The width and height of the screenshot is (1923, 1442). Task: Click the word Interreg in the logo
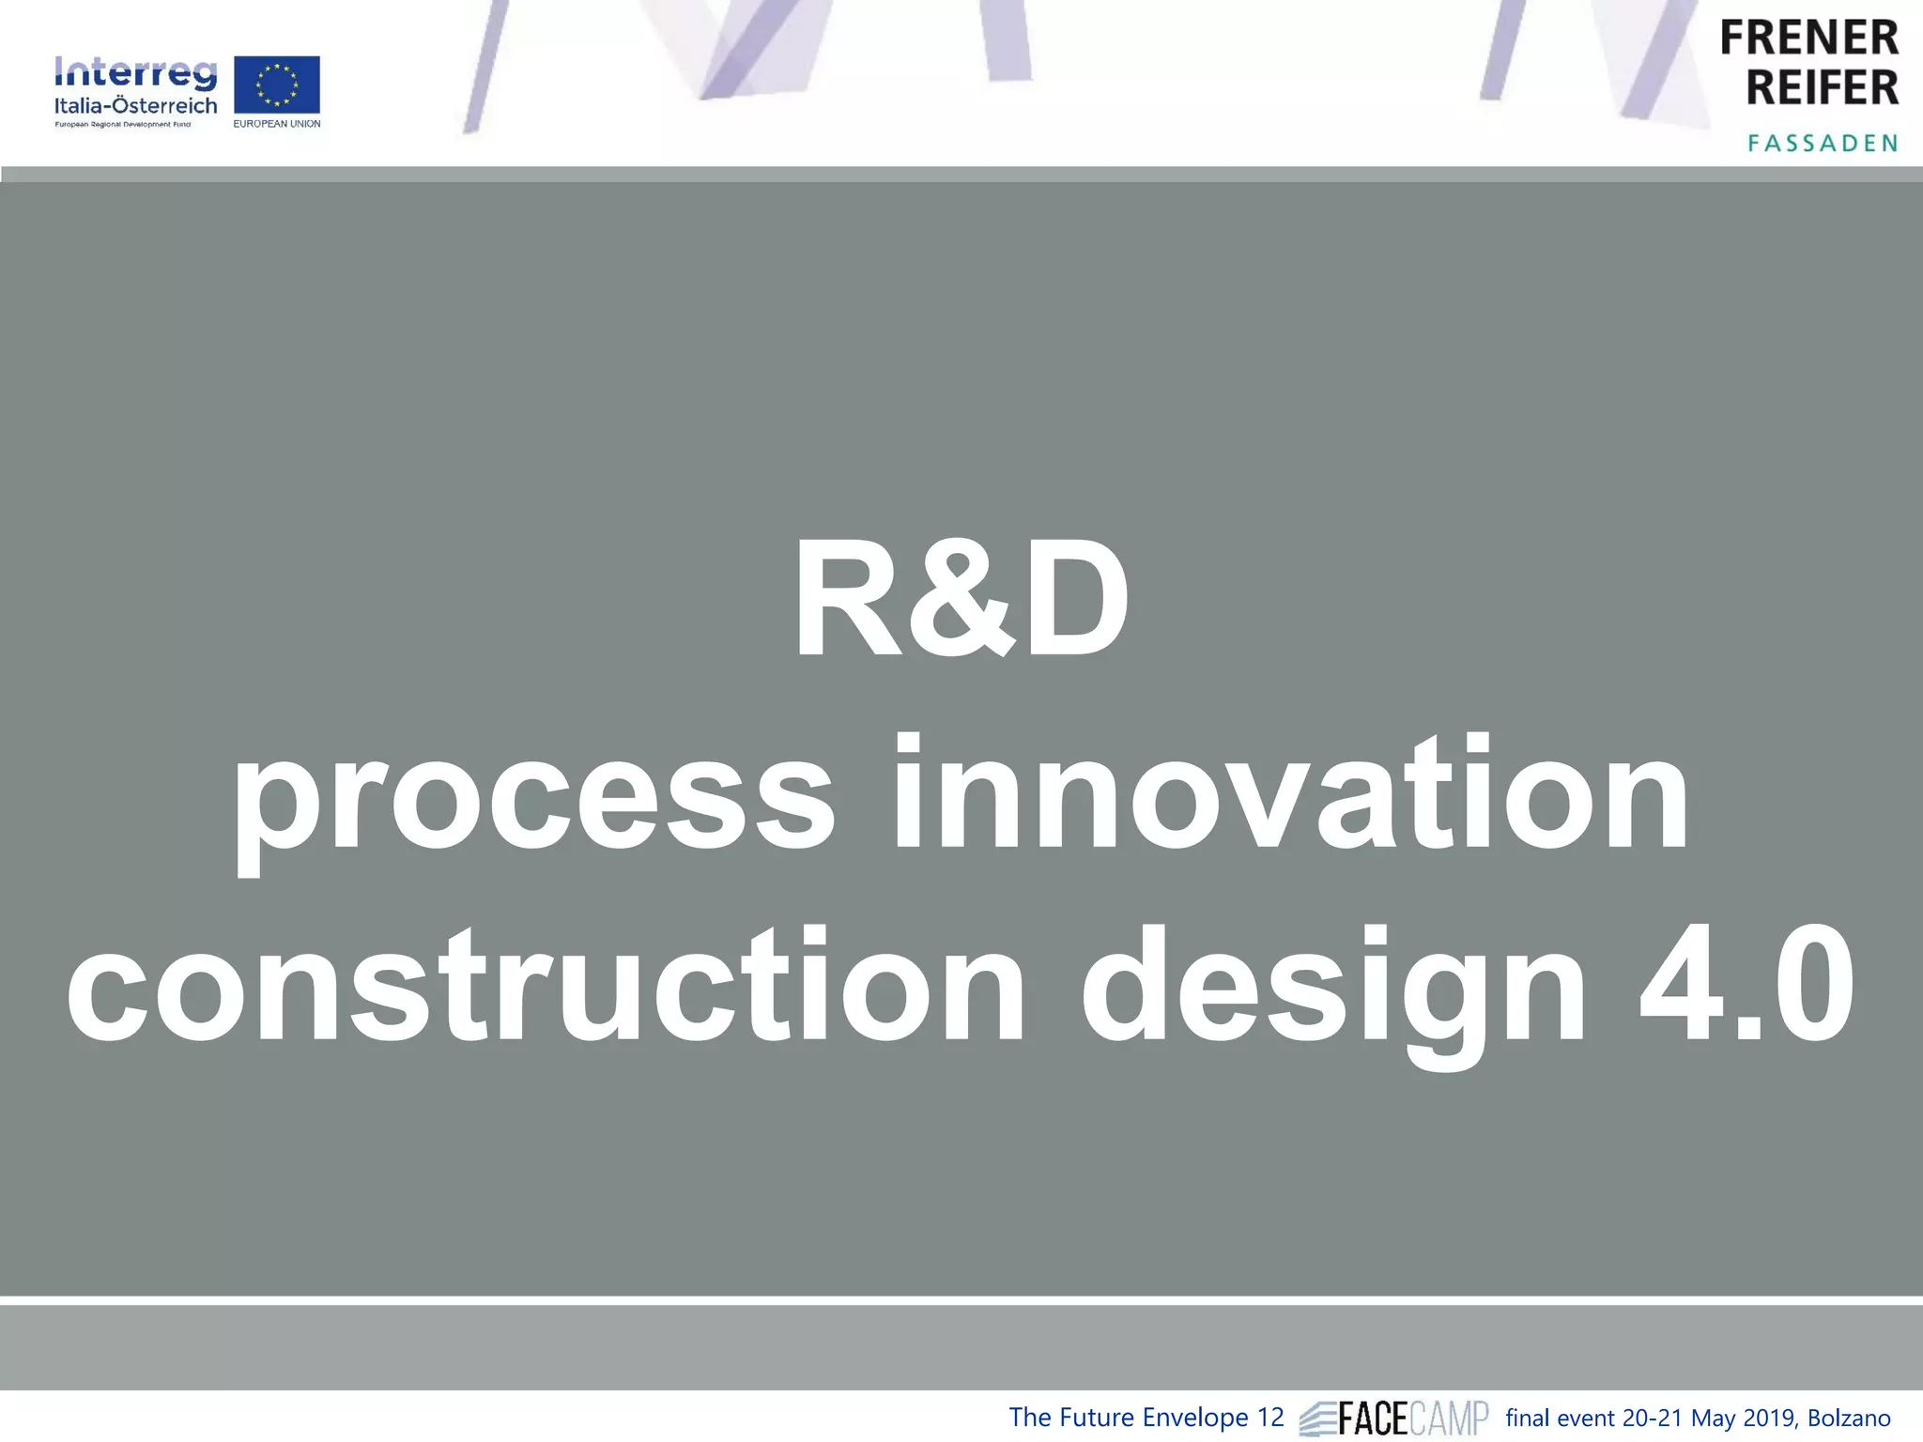[135, 73]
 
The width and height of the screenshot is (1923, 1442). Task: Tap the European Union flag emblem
[276, 84]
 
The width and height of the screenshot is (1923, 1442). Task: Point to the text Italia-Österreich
[135, 105]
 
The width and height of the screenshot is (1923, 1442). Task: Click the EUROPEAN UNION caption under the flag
[276, 124]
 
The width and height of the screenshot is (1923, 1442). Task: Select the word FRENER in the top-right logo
[1808, 38]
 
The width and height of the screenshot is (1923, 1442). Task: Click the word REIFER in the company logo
[1822, 87]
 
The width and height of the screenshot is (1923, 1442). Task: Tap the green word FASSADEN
[1823, 143]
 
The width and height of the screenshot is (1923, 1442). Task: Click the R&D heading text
[961, 601]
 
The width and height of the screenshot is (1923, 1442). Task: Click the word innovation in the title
[1292, 794]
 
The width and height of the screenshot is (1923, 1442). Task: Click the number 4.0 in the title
[1746, 986]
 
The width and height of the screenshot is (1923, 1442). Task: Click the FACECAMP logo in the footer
[1394, 1418]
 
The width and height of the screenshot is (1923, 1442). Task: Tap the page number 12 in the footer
[1269, 1418]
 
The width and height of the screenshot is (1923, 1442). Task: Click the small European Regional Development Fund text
[123, 124]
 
